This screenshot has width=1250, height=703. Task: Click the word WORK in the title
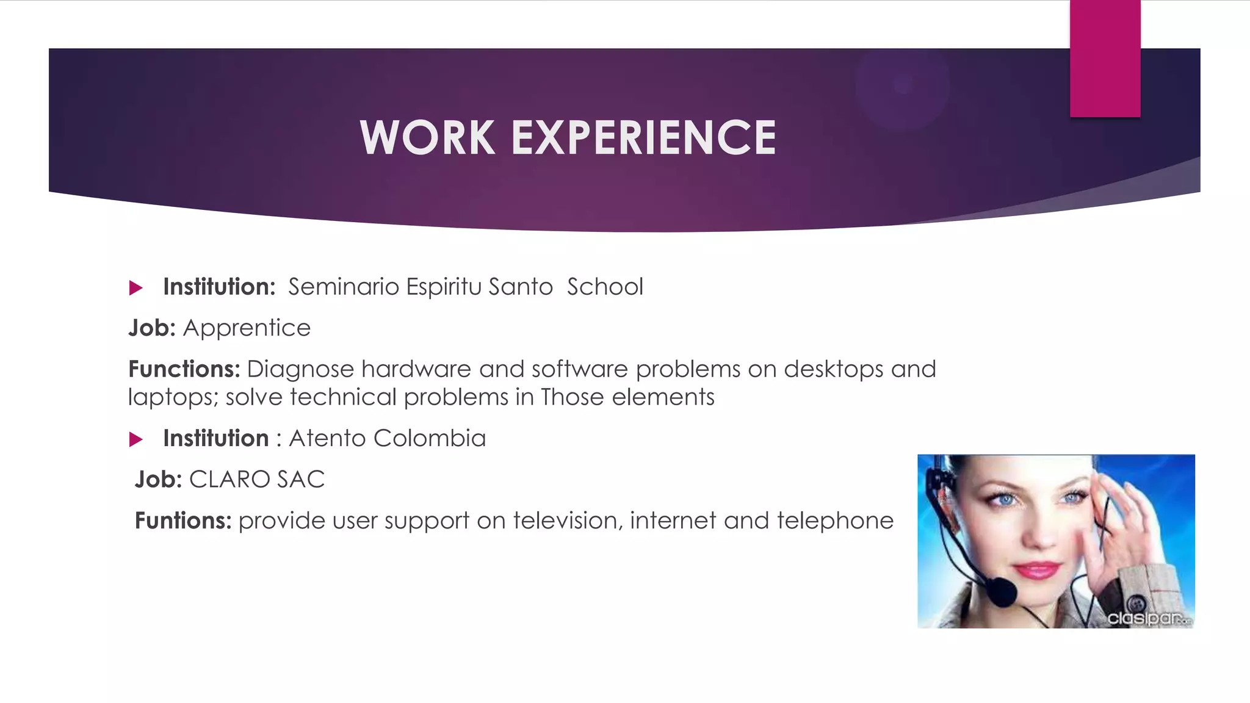[x=427, y=137]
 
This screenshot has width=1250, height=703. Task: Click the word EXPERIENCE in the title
[x=643, y=137]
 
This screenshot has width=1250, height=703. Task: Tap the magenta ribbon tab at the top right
[x=1105, y=59]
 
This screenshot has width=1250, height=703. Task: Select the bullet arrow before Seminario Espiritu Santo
[x=136, y=288]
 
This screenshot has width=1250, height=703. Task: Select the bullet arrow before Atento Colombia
[x=136, y=439]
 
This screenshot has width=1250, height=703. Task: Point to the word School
[x=605, y=287]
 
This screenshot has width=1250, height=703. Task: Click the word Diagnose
[x=300, y=369]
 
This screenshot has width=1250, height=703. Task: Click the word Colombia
[x=430, y=438]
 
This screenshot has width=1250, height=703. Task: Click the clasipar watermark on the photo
[x=1147, y=618]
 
